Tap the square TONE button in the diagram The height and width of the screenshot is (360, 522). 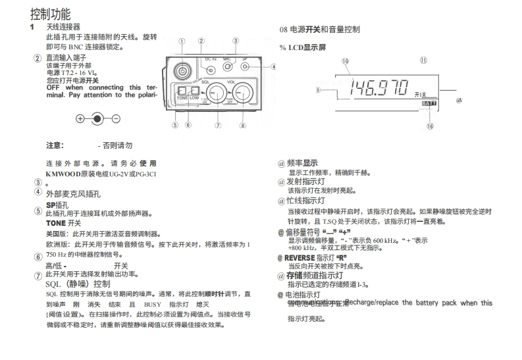pyautogui.click(x=182, y=91)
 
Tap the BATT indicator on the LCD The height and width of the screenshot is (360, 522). pyautogui.click(x=429, y=103)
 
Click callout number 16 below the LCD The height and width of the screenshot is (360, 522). pyautogui.click(x=429, y=126)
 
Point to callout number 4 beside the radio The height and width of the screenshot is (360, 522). pyautogui.click(x=273, y=66)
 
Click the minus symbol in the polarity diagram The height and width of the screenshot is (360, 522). pyautogui.click(x=116, y=119)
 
